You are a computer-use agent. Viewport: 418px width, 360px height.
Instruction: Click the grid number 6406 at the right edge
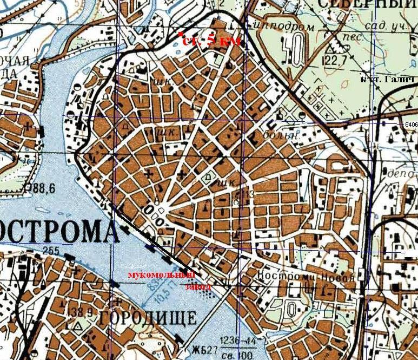pos(411,125)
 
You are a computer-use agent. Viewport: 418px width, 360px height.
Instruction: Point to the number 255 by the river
pos(50,250)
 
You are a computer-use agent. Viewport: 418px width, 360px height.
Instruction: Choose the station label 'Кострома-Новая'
pos(306,275)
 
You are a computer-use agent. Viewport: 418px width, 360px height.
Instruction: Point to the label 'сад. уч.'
pos(388,25)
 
